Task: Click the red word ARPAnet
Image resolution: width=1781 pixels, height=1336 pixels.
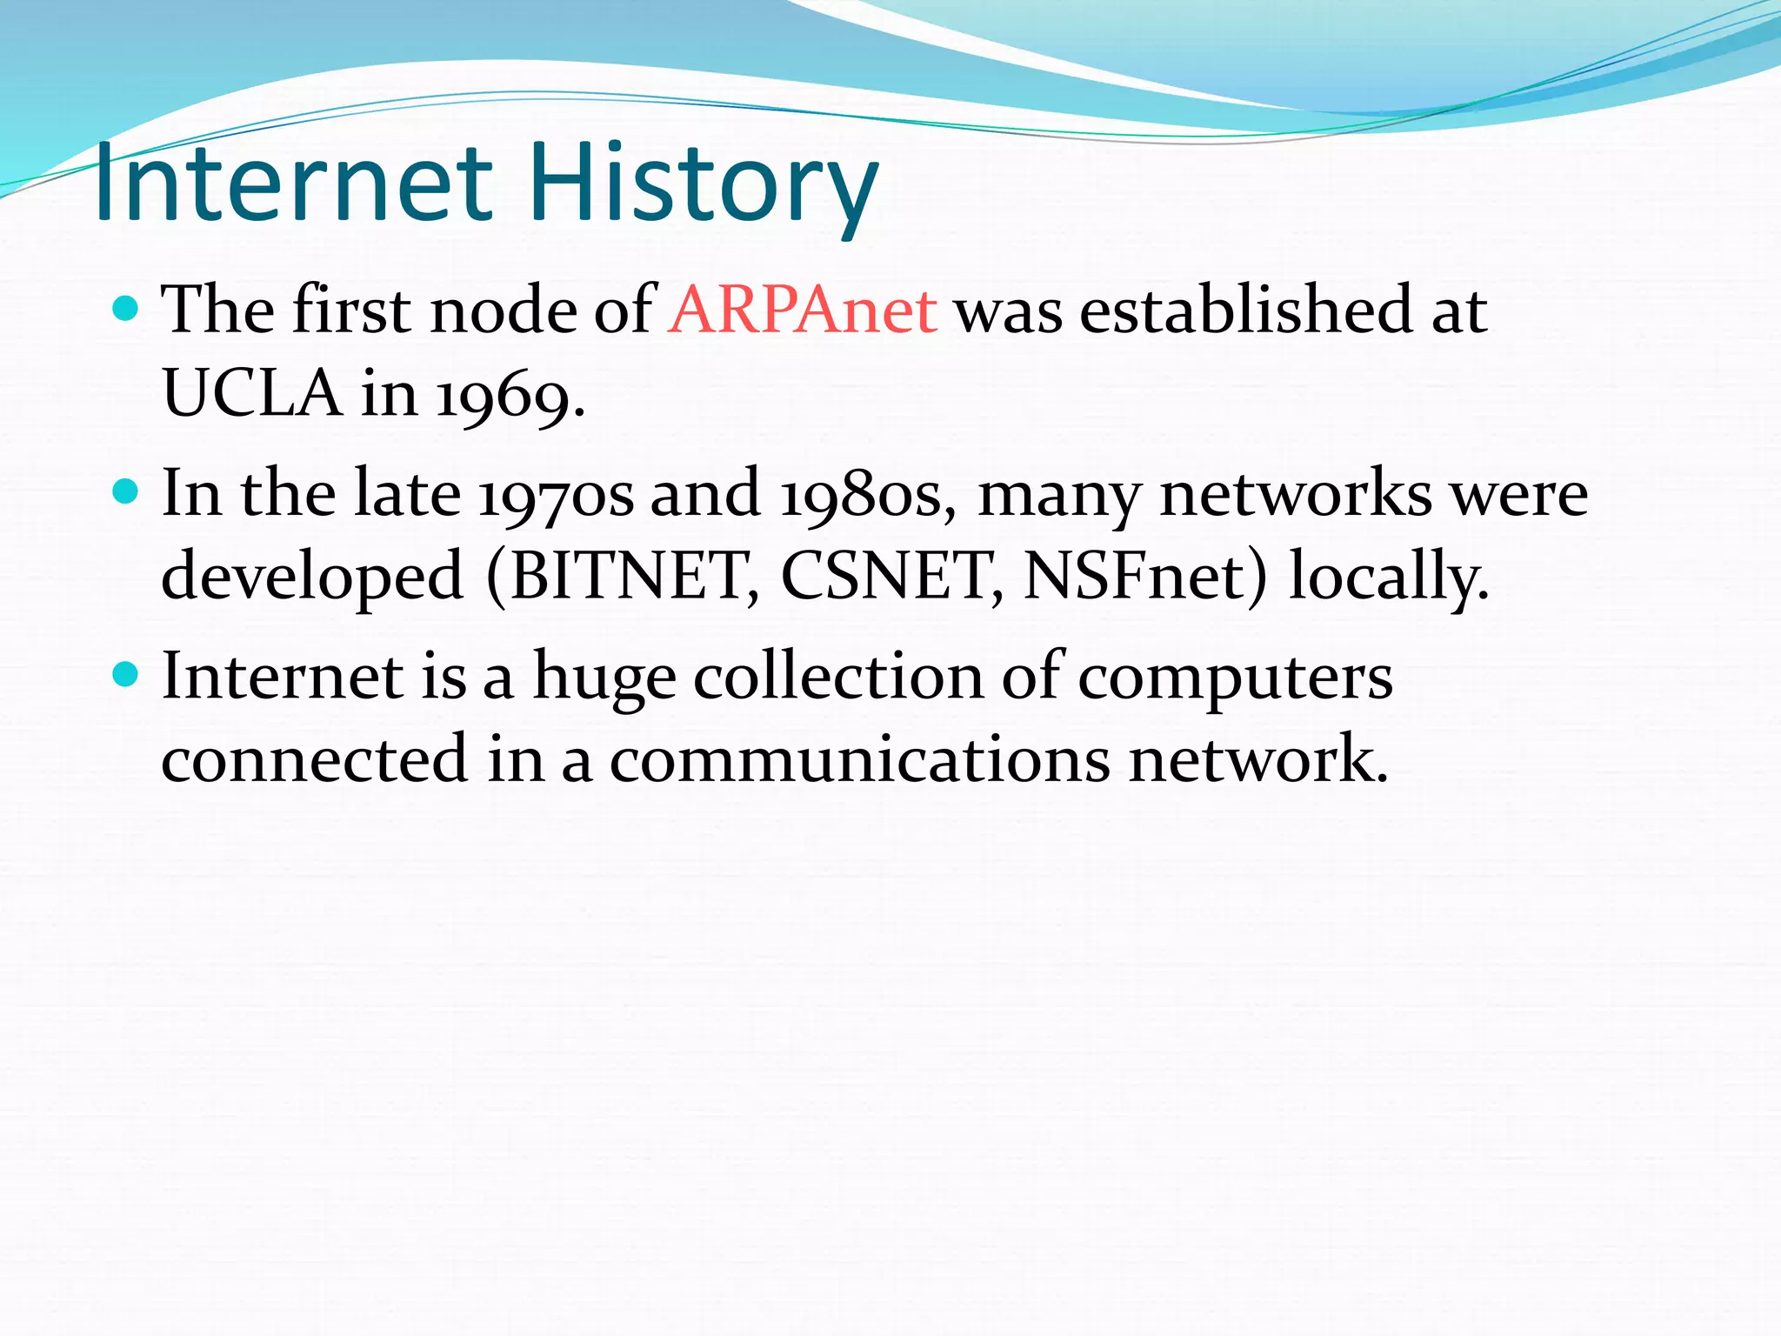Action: [803, 311]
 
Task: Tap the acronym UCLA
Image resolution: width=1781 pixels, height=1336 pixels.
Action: [251, 394]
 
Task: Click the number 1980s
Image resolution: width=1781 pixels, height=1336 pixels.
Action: [864, 495]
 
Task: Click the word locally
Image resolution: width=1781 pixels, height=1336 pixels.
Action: [1387, 577]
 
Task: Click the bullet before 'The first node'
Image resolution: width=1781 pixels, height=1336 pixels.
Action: [126, 308]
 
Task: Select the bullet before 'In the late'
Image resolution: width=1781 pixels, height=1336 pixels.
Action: [126, 492]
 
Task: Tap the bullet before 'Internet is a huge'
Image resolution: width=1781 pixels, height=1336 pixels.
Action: [126, 674]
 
